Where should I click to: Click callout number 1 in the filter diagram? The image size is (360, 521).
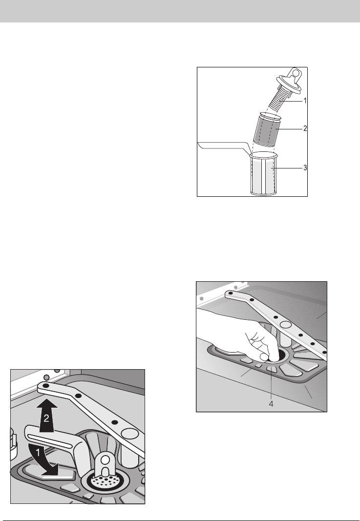305,101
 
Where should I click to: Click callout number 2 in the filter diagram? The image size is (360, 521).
305,128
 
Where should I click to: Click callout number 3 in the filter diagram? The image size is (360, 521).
305,168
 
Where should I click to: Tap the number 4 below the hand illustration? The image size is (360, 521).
271,404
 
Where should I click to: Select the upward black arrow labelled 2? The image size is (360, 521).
46,416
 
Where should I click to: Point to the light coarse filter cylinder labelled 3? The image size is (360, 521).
263,173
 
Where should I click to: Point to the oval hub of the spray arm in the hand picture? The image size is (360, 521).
286,324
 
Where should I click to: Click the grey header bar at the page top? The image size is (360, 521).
180,11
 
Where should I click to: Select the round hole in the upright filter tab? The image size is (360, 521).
106,460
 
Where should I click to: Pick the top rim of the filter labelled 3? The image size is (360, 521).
263,155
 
